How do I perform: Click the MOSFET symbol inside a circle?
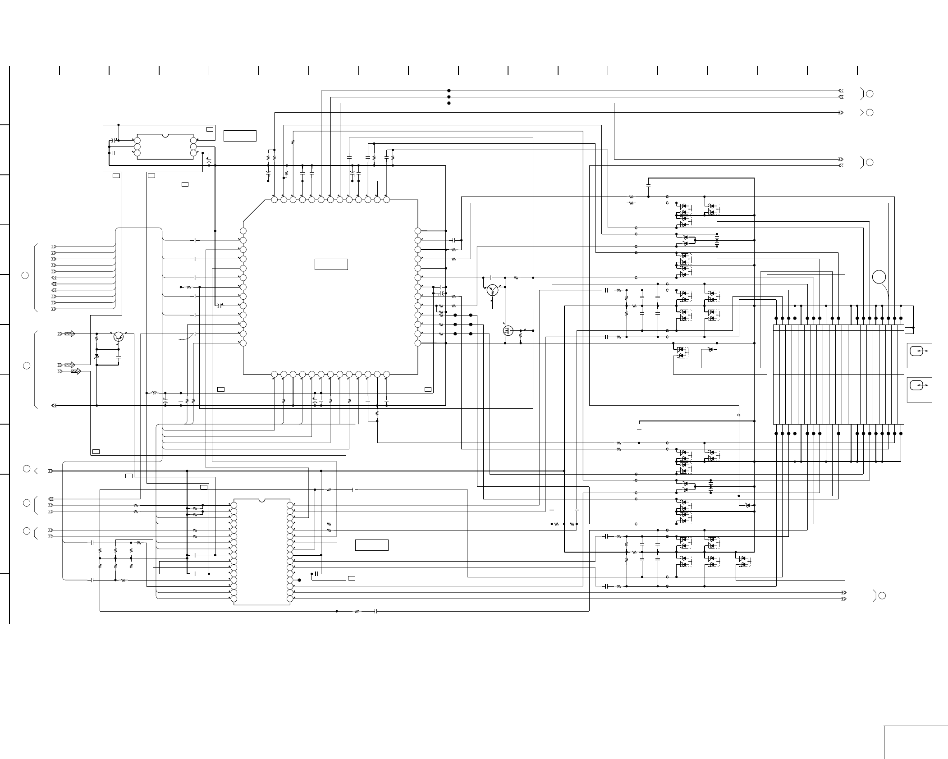[508, 331]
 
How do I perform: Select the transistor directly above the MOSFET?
[493, 290]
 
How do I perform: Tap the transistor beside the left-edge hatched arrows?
[118, 336]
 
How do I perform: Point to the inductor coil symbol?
[154, 393]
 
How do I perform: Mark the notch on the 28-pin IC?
[261, 500]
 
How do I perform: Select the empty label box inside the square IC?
[331, 264]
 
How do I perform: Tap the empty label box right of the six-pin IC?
[240, 136]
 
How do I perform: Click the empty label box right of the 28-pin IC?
[371, 545]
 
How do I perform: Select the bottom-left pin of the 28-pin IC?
[233, 599]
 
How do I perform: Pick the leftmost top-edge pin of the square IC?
[274, 199]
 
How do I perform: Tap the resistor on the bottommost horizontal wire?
[357, 612]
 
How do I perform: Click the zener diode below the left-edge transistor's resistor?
[96, 356]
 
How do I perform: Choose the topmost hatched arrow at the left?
[70, 334]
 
